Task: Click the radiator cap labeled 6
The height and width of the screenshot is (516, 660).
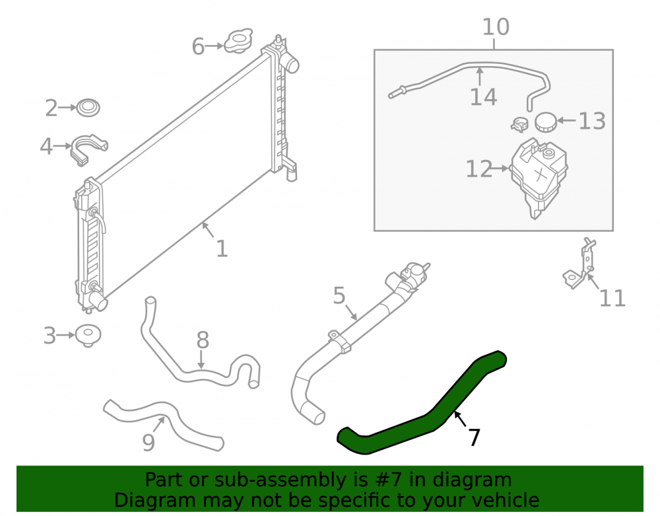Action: pos(238,41)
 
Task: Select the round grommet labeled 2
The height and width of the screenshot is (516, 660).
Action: pos(88,108)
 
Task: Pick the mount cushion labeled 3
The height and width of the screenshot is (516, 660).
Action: pos(88,336)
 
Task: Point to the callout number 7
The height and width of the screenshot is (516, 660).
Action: pos(475,437)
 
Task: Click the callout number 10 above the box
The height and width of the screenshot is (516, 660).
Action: pos(496,27)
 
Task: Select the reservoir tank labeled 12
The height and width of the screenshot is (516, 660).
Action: pos(539,178)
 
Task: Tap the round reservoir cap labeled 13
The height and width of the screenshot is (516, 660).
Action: pos(546,122)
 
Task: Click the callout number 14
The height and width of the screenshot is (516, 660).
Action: pos(483,97)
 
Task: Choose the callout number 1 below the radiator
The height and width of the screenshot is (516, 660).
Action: pos(222,249)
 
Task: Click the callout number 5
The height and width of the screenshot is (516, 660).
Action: pos(339,296)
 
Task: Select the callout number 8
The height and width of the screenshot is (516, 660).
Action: pos(203,340)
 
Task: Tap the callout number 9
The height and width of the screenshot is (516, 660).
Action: pos(148,443)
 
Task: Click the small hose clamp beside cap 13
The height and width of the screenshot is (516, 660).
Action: pos(520,124)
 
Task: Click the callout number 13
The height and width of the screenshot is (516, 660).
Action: pos(592,122)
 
